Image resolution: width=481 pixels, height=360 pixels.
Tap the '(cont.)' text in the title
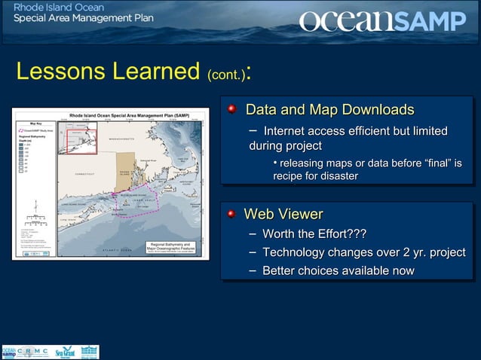[225, 75]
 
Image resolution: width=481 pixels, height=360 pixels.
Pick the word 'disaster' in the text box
[337, 175]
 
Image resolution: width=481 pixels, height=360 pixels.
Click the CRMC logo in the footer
[34, 352]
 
